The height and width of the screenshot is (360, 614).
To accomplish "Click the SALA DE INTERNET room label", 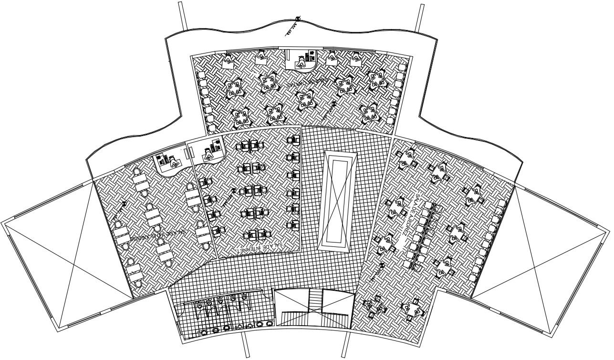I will [x=260, y=247].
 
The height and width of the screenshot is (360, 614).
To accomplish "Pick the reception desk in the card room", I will [x=302, y=59].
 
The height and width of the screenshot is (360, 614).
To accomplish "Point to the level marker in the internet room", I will [x=234, y=191].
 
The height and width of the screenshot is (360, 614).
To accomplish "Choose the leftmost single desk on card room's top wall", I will [x=229, y=60].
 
